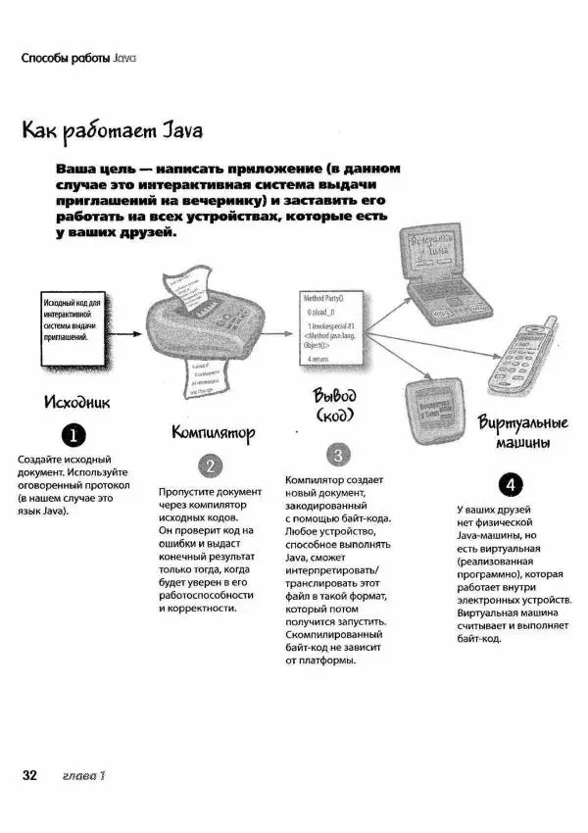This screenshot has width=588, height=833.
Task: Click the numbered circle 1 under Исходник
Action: click(73, 435)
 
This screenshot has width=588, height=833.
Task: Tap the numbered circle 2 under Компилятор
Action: click(211, 465)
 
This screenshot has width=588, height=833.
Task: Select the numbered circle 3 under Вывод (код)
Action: click(336, 455)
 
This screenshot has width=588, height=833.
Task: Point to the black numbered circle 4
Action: click(511, 483)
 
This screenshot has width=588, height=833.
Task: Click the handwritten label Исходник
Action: click(73, 402)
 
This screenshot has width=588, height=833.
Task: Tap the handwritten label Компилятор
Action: click(213, 431)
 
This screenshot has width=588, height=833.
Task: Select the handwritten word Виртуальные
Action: click(523, 423)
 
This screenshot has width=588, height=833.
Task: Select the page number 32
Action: click(29, 775)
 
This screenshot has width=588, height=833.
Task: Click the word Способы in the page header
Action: click(44, 58)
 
